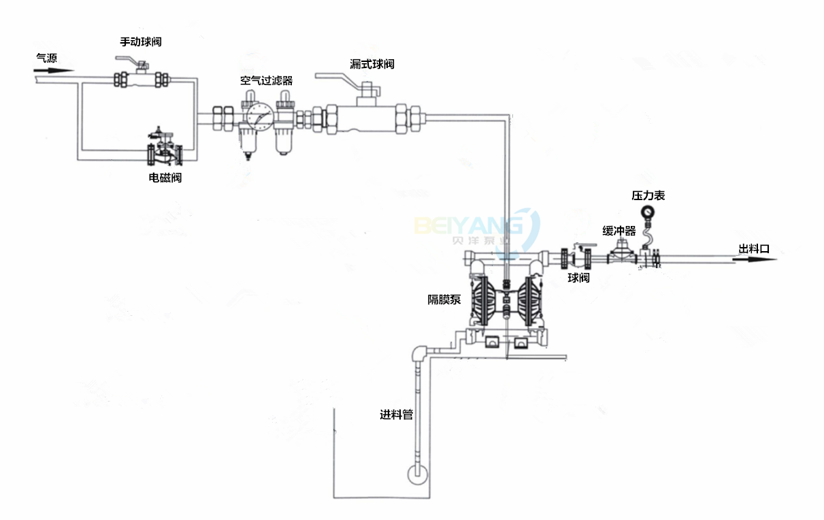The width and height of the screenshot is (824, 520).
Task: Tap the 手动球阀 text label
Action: pyautogui.click(x=141, y=42)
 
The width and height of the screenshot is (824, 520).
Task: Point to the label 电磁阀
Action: pyautogui.click(x=165, y=178)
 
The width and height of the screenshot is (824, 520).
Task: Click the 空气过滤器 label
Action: pyautogui.click(x=266, y=80)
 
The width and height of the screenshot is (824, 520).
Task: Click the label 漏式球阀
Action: pyautogui.click(x=372, y=64)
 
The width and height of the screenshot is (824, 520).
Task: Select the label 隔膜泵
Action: pyautogui.click(x=444, y=299)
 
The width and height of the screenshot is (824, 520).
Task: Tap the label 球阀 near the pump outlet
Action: pyautogui.click(x=578, y=278)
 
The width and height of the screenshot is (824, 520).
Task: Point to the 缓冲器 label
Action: pyautogui.click(x=619, y=231)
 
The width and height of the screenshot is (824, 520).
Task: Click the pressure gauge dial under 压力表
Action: pyautogui.click(x=648, y=213)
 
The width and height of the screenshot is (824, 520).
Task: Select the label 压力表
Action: pyautogui.click(x=648, y=195)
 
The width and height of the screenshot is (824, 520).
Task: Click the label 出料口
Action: pyautogui.click(x=754, y=249)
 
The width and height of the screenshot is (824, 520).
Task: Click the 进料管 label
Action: pyautogui.click(x=397, y=415)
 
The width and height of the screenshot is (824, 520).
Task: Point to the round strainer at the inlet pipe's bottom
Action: pyautogui.click(x=418, y=474)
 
